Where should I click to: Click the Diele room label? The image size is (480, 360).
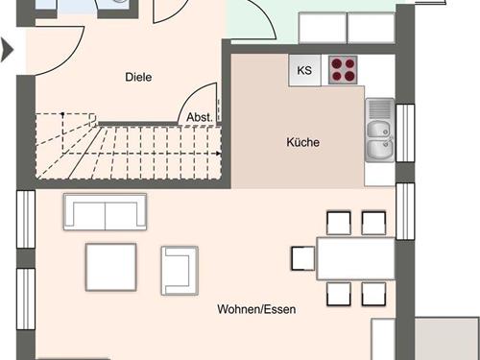(138, 77)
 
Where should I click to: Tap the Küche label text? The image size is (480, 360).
(302, 142)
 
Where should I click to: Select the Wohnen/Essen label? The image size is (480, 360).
(256, 309)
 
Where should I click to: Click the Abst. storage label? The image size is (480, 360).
(200, 117)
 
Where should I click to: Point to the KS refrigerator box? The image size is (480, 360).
(304, 70)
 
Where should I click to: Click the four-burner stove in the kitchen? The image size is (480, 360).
(343, 70)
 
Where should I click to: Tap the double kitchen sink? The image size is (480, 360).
(380, 130)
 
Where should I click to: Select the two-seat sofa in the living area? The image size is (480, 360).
(105, 211)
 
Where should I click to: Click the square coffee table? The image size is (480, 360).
(110, 267)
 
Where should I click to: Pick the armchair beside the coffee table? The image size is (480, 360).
(180, 271)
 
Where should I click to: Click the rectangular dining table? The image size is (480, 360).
(356, 258)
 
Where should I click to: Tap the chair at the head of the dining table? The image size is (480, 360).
(303, 258)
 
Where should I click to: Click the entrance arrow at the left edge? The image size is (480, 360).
(7, 50)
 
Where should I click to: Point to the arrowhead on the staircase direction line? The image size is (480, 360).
(218, 154)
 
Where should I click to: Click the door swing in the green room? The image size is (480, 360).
(267, 16)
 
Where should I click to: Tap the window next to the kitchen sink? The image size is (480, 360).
(405, 132)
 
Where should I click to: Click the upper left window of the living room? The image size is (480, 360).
(26, 219)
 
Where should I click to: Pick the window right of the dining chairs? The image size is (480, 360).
(405, 211)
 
